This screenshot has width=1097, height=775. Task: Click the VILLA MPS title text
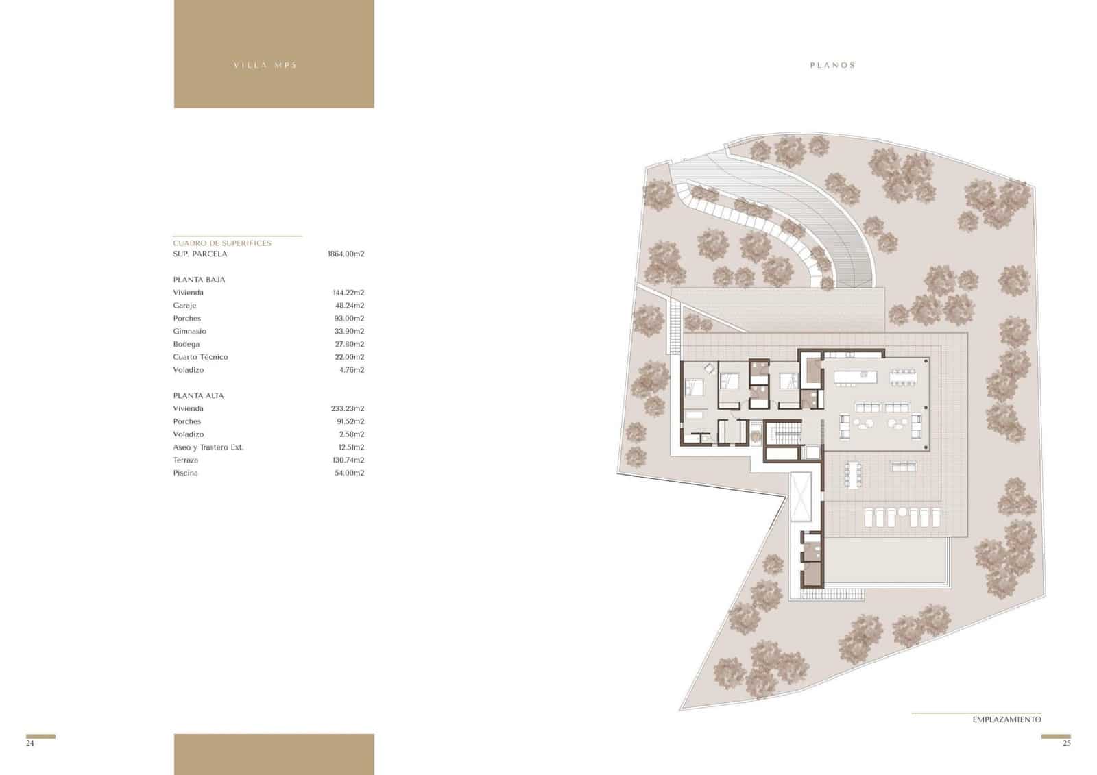[265, 66]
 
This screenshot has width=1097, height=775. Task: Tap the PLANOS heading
[832, 66]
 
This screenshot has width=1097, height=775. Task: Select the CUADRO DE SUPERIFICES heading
[222, 243]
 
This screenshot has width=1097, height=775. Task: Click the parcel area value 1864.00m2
[346, 254]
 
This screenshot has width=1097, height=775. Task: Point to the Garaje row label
[184, 306]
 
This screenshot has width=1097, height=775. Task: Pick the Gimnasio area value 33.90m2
[348, 332]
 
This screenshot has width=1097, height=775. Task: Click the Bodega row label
[186, 345]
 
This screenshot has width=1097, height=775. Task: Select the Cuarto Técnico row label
[200, 357]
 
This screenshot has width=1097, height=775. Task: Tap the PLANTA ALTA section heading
[198, 396]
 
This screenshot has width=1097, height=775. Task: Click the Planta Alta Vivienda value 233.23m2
[347, 409]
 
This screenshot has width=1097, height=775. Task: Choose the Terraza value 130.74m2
[348, 460]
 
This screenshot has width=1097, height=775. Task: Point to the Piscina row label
[185, 473]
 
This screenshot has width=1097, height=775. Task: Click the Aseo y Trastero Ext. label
[208, 447]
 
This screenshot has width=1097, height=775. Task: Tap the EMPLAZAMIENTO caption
[1006, 719]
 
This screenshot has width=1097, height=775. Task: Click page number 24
[29, 743]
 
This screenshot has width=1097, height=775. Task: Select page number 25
[1066, 743]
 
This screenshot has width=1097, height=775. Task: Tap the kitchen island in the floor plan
[855, 376]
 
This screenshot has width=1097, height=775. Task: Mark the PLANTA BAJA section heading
[199, 280]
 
